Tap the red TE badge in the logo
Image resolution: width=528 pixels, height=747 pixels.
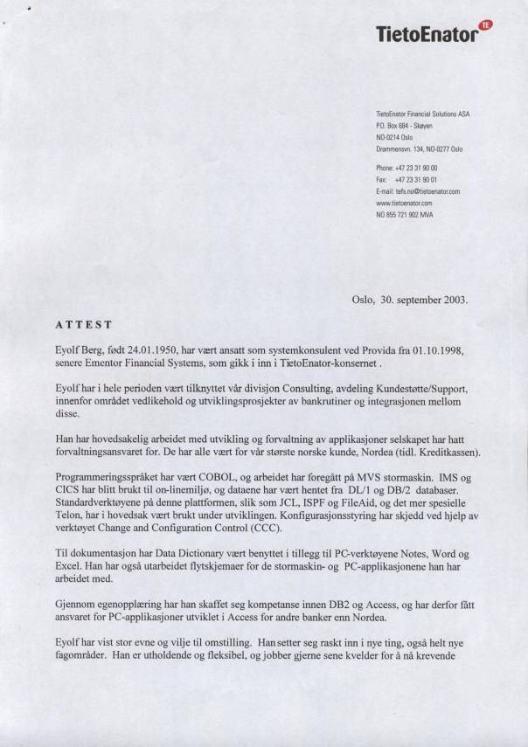point(486,24)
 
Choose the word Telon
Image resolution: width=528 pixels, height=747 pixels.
point(69,515)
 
